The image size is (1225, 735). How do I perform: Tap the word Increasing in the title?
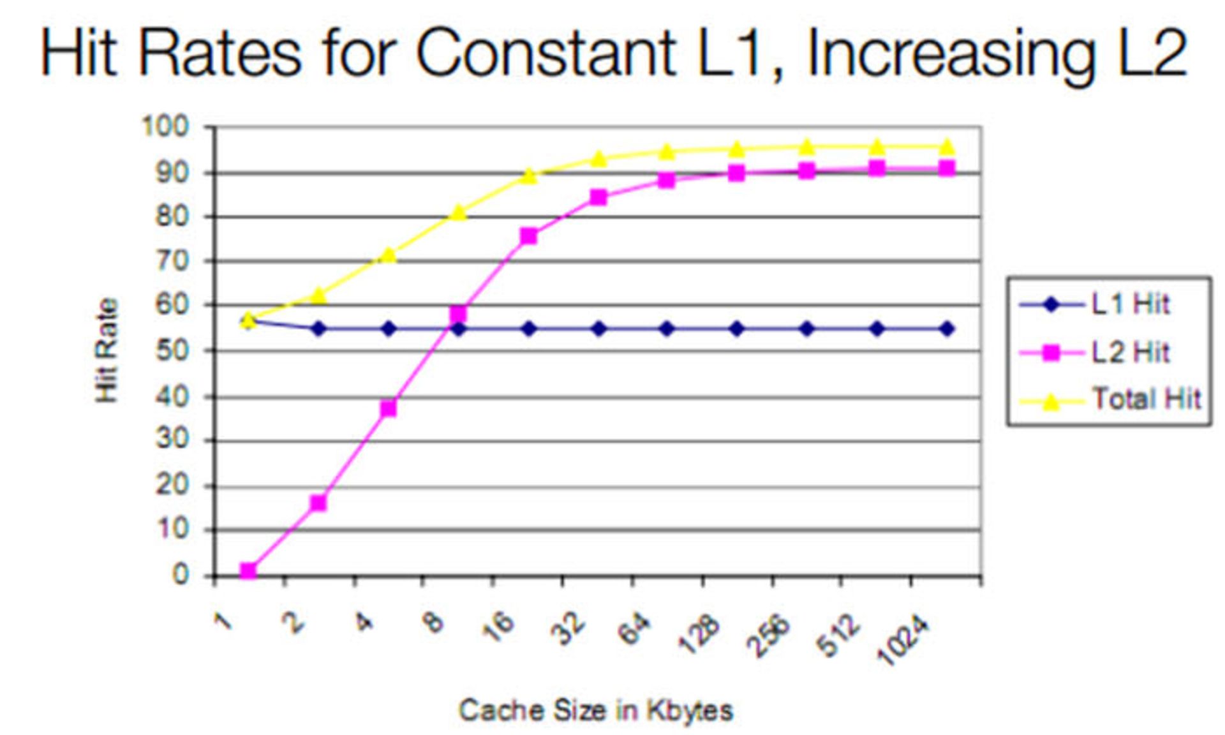(x=951, y=54)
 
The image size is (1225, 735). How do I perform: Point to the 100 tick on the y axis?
(x=165, y=126)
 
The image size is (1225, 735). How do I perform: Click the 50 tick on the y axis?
(x=172, y=351)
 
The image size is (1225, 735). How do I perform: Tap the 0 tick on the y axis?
(x=181, y=575)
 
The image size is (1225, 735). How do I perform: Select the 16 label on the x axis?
(x=498, y=623)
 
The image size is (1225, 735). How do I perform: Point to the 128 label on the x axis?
(x=699, y=635)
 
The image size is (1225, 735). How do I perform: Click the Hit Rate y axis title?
(x=107, y=350)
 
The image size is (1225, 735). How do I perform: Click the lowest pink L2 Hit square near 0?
(x=248, y=571)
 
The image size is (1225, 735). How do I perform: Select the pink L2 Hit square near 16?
(x=318, y=503)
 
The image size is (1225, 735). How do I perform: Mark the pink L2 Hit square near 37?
(x=388, y=408)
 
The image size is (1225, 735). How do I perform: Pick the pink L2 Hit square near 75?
(x=528, y=236)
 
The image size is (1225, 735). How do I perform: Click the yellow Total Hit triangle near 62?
(x=318, y=296)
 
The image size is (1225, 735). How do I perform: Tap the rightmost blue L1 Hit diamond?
(x=947, y=329)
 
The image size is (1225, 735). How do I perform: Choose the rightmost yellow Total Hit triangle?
(x=947, y=147)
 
